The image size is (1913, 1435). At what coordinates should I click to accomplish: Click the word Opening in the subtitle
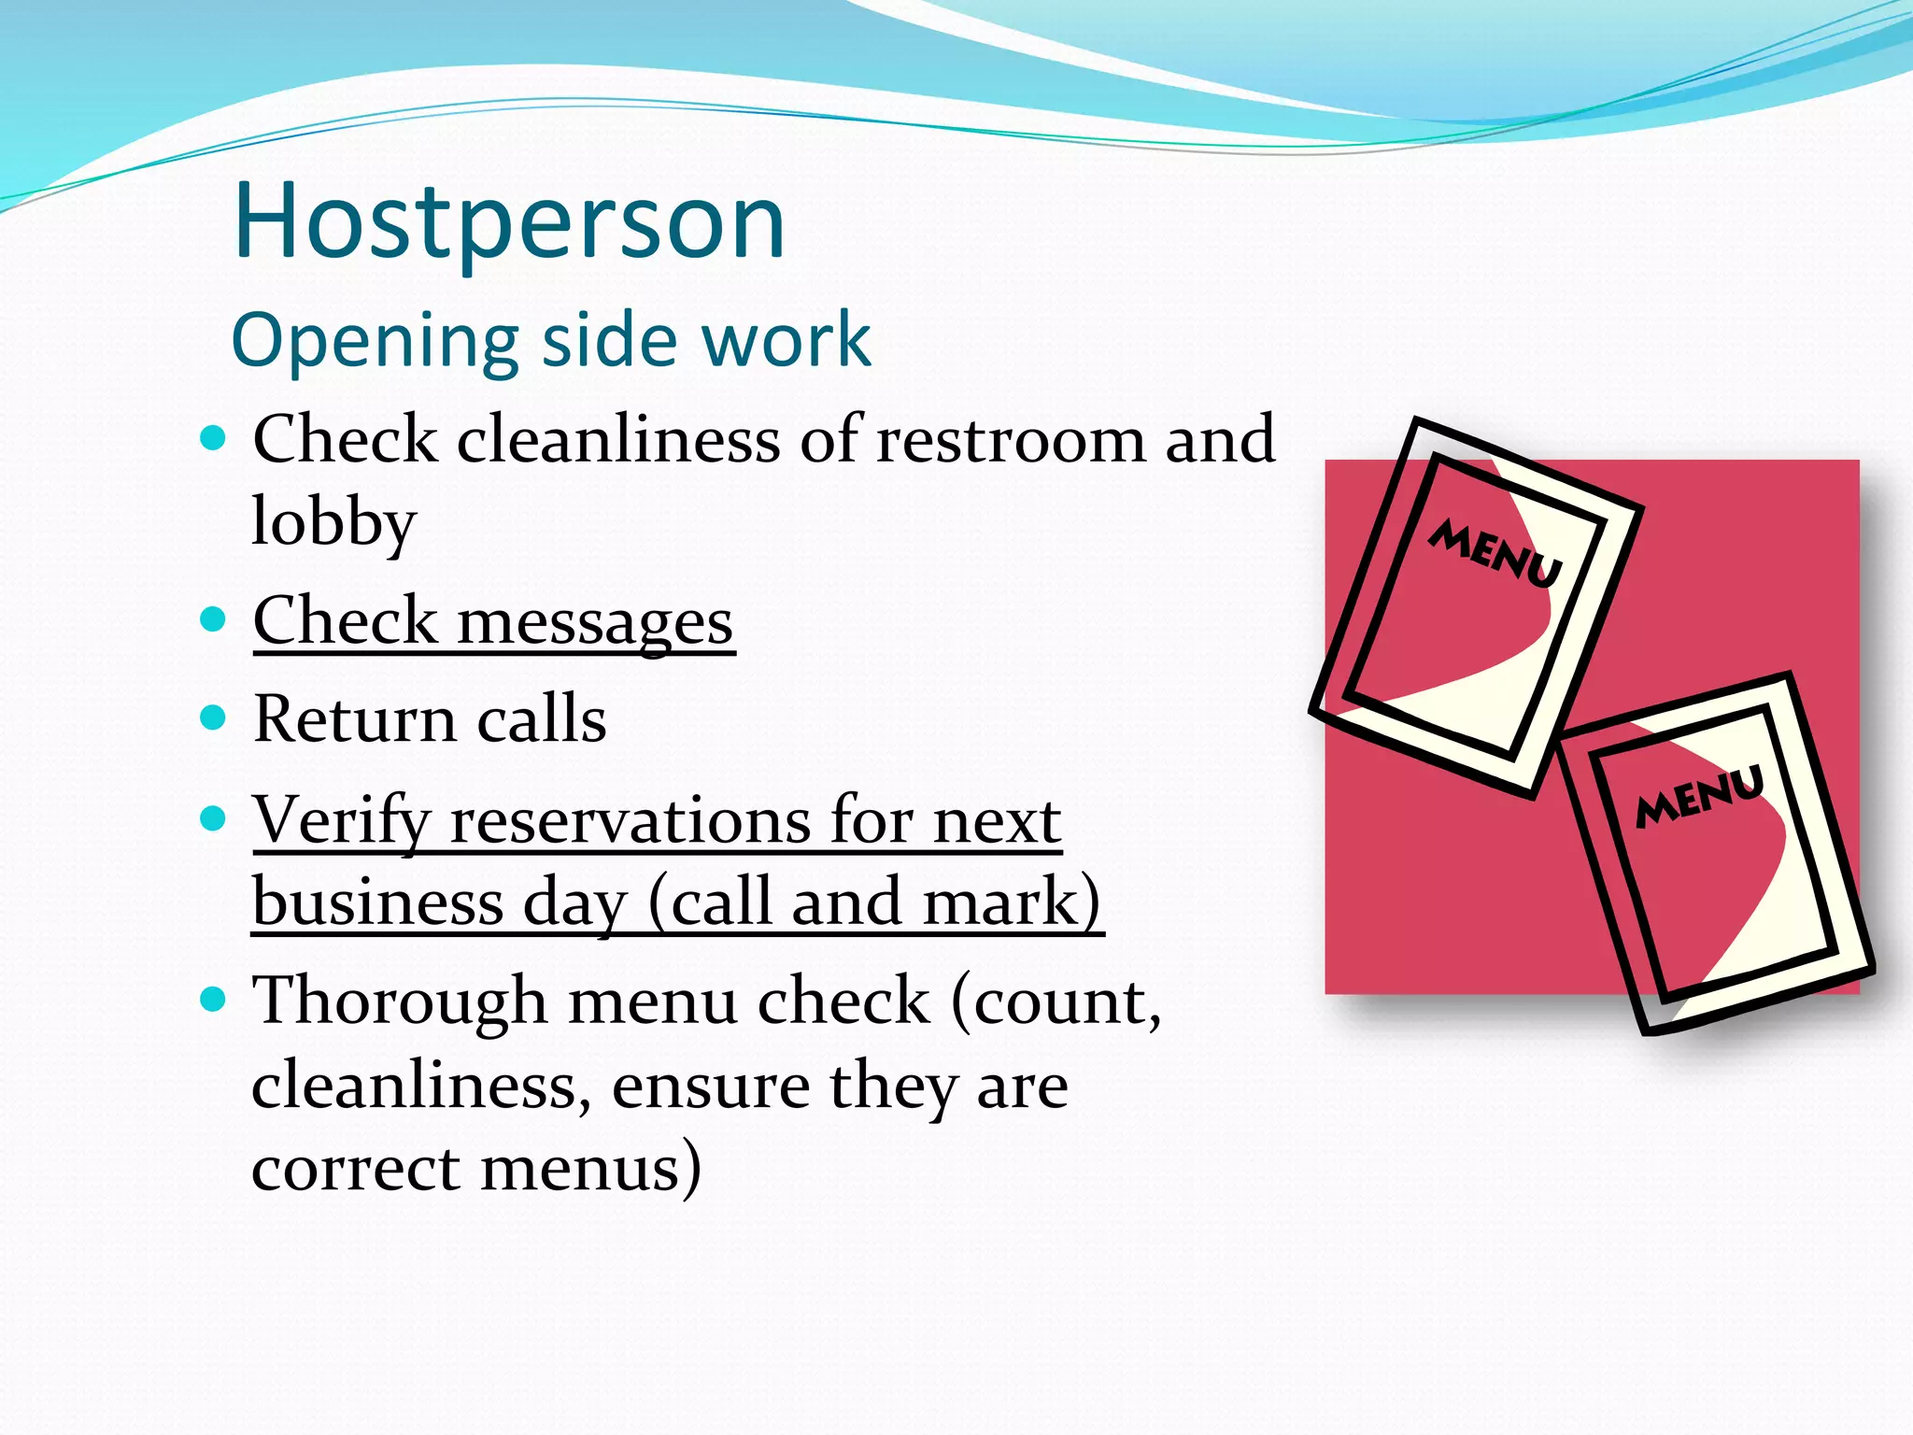(x=374, y=341)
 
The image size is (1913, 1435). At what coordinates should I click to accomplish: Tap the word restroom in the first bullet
(x=1010, y=438)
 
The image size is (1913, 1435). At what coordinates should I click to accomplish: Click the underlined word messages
(x=595, y=623)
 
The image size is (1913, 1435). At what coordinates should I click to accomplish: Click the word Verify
(x=341, y=820)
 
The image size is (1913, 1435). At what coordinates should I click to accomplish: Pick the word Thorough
(x=400, y=1002)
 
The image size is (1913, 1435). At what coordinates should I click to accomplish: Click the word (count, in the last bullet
(x=1056, y=1002)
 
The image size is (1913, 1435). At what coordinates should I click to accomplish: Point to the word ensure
(x=710, y=1086)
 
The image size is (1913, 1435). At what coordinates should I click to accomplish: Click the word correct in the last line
(x=356, y=1168)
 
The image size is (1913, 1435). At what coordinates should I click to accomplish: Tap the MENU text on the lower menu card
(x=1699, y=796)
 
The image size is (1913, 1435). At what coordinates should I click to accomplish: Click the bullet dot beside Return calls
(x=214, y=717)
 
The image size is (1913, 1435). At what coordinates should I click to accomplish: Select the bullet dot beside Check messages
(x=214, y=619)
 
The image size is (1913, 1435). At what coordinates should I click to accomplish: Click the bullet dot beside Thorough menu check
(x=214, y=1000)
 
